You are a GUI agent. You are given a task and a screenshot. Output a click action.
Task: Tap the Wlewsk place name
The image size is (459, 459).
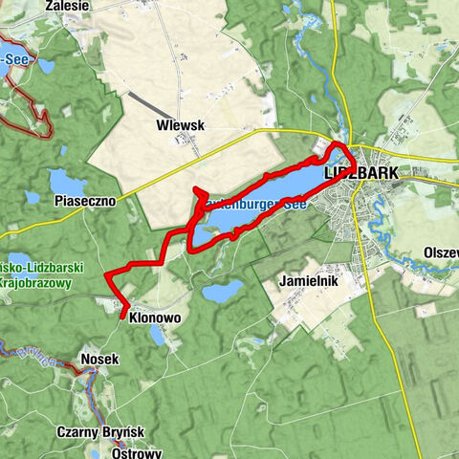[x=181, y=125]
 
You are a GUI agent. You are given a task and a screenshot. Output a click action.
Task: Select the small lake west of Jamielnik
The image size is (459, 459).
[x=223, y=292]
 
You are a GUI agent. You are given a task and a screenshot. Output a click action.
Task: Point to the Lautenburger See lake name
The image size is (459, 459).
[x=253, y=204]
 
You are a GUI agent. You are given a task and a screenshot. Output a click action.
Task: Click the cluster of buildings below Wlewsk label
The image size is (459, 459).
[x=179, y=142]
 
